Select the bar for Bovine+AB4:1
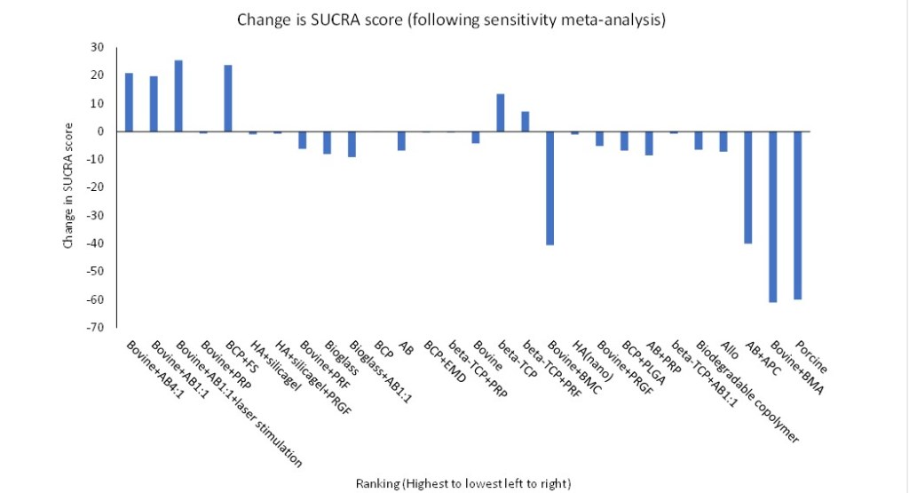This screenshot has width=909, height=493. click(x=130, y=102)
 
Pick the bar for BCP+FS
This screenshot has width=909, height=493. click(x=228, y=99)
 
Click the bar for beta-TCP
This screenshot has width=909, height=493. click(x=501, y=113)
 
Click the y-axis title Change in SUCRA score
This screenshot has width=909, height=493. click(x=68, y=187)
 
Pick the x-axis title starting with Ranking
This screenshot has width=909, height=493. click(x=462, y=482)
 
